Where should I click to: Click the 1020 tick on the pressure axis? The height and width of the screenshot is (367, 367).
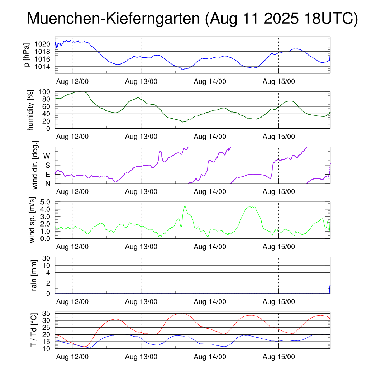(43, 44)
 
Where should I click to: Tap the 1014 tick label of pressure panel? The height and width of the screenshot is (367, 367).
(43, 67)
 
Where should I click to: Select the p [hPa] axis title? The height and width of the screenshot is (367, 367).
(26, 55)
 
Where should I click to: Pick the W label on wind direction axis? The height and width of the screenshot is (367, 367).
(47, 156)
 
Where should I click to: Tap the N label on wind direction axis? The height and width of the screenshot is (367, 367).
(47, 183)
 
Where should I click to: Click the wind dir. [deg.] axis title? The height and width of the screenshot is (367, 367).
(35, 165)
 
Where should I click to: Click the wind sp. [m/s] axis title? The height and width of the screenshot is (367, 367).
(32, 220)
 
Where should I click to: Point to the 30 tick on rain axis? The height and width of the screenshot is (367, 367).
(47, 258)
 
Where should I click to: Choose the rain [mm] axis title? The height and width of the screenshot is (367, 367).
(34, 275)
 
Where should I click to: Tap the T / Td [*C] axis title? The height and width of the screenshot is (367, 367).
(33, 330)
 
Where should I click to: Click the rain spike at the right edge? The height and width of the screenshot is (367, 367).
(330, 289)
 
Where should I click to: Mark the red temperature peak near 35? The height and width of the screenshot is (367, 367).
(182, 313)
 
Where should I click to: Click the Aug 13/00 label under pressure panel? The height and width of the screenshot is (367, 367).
(141, 81)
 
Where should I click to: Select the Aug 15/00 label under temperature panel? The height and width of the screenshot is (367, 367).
(279, 357)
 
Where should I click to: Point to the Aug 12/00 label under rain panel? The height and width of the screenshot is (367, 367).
(72, 302)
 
